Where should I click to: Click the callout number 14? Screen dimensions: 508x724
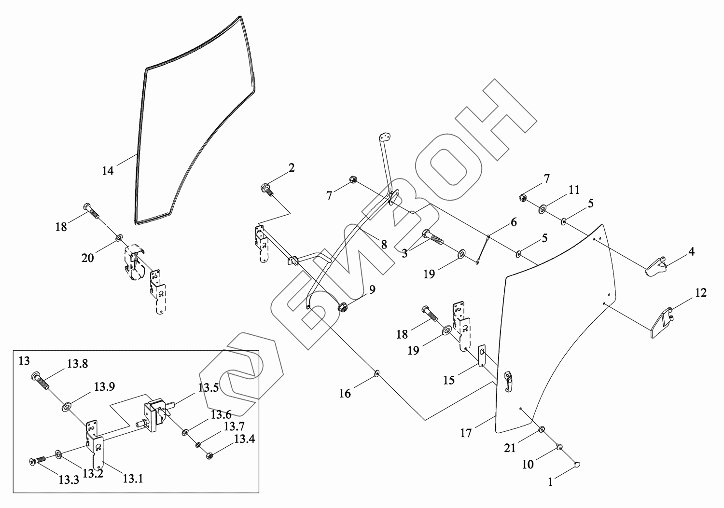click(108, 170)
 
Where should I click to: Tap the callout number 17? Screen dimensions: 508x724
click(466, 433)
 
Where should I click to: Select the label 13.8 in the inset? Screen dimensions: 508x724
click(77, 364)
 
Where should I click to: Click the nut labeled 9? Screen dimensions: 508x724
click(343, 306)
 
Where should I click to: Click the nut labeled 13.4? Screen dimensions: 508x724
click(209, 455)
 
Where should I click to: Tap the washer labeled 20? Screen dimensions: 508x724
click(118, 238)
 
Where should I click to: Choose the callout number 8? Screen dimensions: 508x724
click(384, 245)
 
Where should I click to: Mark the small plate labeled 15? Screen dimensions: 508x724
click(482, 356)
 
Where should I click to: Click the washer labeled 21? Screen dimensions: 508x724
click(542, 429)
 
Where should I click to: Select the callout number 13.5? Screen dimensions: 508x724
click(209, 387)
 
